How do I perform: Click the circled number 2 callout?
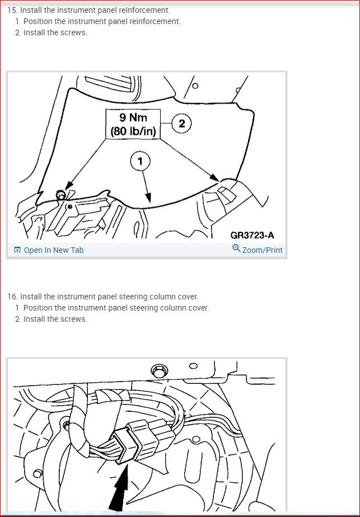181,124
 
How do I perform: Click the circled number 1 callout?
140,161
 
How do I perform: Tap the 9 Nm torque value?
133,117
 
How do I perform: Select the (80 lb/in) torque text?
133,131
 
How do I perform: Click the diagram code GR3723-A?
252,235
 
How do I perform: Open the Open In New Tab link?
53,250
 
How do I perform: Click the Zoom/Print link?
263,250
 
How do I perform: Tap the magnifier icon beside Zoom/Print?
236,248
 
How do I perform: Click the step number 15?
12,10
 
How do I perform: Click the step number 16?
12,297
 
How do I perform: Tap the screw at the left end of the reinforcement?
60,195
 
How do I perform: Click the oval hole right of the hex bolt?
194,366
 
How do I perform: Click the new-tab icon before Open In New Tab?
17,250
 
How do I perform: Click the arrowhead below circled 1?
148,198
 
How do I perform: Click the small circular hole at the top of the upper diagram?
195,86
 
